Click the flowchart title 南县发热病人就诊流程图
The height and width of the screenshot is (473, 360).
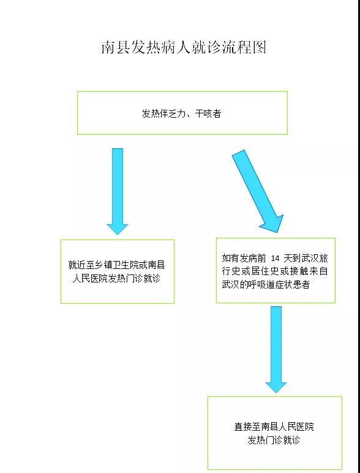click(x=184, y=48)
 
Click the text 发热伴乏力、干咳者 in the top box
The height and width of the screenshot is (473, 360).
click(x=181, y=113)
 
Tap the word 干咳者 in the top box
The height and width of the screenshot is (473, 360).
click(x=208, y=113)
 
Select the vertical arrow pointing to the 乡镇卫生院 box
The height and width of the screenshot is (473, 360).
click(x=118, y=191)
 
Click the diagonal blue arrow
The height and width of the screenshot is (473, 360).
click(x=258, y=191)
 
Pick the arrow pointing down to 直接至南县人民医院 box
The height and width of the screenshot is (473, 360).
click(x=276, y=350)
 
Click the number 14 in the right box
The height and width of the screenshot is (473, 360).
click(x=275, y=259)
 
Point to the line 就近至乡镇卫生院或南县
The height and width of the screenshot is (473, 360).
click(x=117, y=265)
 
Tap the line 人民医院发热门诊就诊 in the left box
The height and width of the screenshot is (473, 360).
click(x=117, y=278)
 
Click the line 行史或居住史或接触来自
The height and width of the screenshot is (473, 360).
click(x=275, y=271)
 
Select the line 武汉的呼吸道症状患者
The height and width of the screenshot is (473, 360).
click(x=266, y=284)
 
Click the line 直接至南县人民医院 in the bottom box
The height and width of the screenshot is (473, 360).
click(x=274, y=426)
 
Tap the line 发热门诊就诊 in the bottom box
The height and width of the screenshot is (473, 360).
click(x=274, y=440)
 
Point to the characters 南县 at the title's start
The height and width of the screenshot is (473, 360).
click(x=116, y=48)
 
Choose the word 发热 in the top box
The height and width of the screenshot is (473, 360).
click(x=150, y=113)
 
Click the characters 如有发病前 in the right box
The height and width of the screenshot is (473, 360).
click(x=244, y=258)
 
